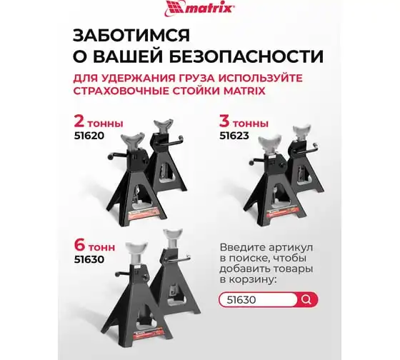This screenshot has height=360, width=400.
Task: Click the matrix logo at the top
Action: (200, 7)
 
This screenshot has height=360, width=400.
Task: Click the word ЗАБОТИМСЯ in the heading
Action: (131, 35)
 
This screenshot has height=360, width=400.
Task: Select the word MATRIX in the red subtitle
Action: (244, 91)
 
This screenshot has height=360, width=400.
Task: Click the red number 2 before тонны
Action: (79, 121)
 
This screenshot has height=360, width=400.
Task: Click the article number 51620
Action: (89, 135)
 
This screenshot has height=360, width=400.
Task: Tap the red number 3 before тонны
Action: (224, 121)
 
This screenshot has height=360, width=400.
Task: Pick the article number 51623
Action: (234, 135)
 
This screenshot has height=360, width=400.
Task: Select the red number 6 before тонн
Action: (79, 245)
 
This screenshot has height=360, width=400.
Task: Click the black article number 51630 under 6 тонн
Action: (89, 259)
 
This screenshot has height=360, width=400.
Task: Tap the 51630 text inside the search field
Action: (241, 300)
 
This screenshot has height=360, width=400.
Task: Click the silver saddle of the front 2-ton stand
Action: (132, 140)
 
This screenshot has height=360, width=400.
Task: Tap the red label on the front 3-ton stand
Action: (283, 212)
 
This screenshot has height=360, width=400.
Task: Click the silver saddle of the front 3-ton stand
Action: (270, 144)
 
